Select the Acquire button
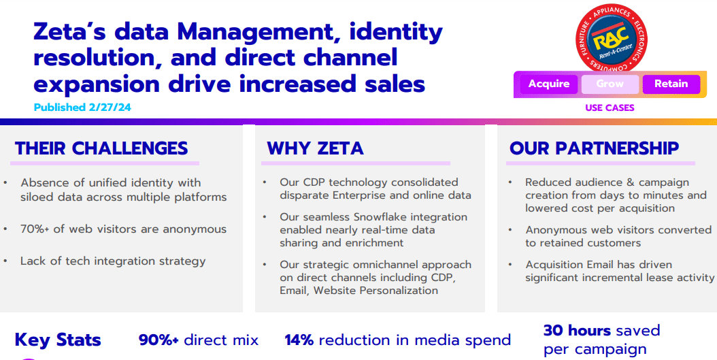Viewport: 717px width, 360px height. (x=549, y=84)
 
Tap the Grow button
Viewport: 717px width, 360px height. (x=610, y=84)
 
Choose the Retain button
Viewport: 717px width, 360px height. (x=671, y=84)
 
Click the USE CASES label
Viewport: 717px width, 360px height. (x=610, y=108)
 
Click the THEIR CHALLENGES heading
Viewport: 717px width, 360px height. (x=101, y=148)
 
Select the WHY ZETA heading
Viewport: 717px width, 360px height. (x=315, y=148)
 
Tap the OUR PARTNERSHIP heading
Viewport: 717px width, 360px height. (x=594, y=148)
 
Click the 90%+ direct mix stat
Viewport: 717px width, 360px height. (x=198, y=340)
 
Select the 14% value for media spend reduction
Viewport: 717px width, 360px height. (x=299, y=340)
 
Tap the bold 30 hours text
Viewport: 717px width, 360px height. (x=569, y=331)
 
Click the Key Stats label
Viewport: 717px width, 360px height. (x=58, y=340)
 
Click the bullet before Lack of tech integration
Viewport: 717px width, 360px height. (x=6, y=261)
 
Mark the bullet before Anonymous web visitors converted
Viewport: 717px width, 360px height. (x=511, y=230)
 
